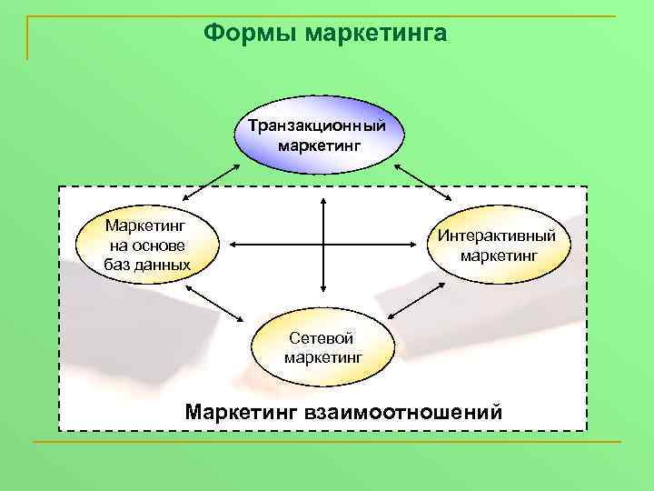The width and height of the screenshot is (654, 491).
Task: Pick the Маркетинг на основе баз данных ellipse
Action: click(x=148, y=245)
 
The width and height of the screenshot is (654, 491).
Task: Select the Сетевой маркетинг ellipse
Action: click(x=323, y=347)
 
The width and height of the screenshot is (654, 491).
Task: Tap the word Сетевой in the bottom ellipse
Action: click(x=322, y=338)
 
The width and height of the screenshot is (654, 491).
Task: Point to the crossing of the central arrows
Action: click(x=322, y=245)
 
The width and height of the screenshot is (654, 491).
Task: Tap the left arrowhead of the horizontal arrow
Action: click(x=234, y=245)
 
